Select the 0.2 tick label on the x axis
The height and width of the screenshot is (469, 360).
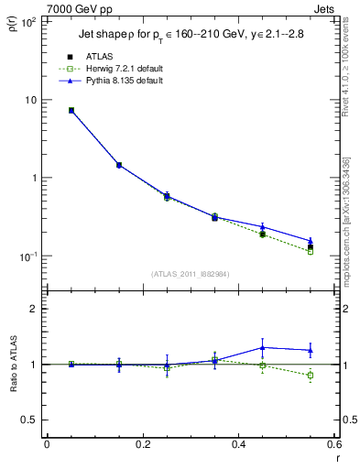pyautogui.click(x=142, y=446)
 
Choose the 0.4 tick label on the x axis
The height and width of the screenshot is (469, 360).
pyautogui.click(x=238, y=446)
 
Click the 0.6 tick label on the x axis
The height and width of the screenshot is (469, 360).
pyautogui.click(x=333, y=446)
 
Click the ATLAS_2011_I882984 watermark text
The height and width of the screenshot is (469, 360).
pyautogui.click(x=190, y=274)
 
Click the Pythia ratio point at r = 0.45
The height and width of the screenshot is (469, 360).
pyautogui.click(x=262, y=347)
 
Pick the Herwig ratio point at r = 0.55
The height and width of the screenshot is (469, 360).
pyautogui.click(x=310, y=376)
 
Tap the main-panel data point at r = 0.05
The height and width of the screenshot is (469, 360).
pyautogui.click(x=71, y=110)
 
